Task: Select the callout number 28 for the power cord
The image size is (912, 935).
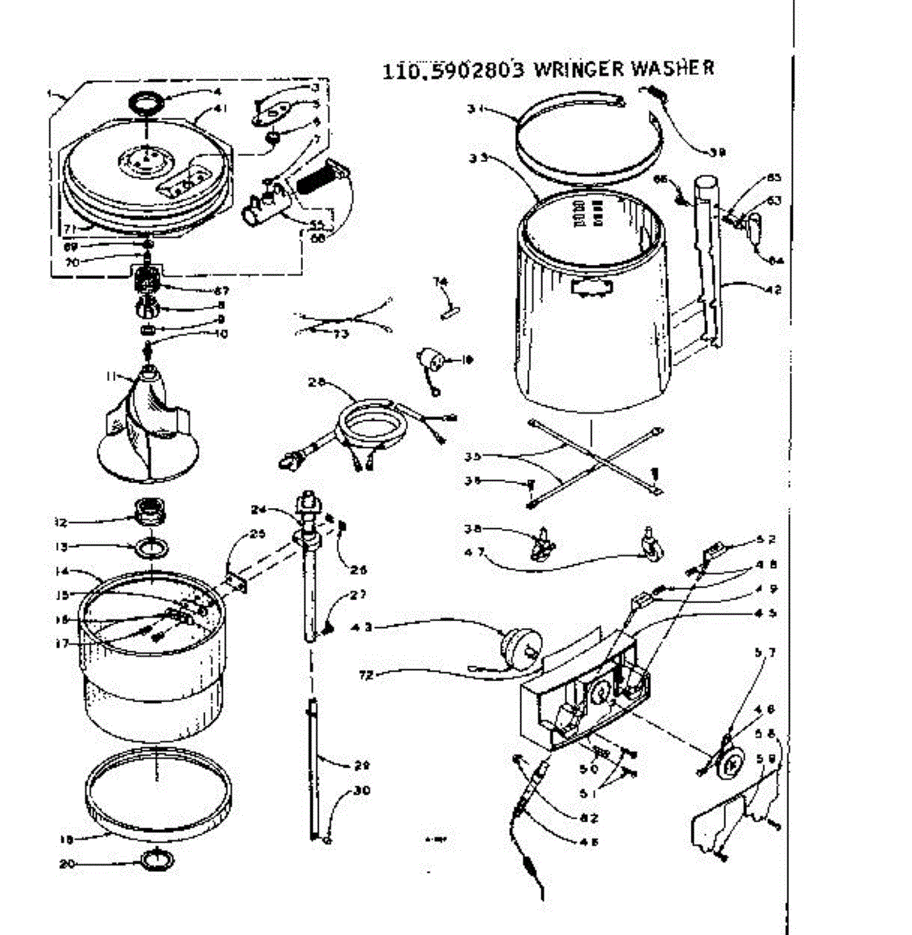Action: tap(315, 382)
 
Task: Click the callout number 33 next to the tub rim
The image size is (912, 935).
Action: tap(477, 157)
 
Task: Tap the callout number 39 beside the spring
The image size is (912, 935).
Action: tap(717, 153)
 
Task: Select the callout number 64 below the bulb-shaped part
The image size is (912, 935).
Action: tap(776, 260)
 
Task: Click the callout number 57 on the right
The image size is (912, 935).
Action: tap(766, 652)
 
